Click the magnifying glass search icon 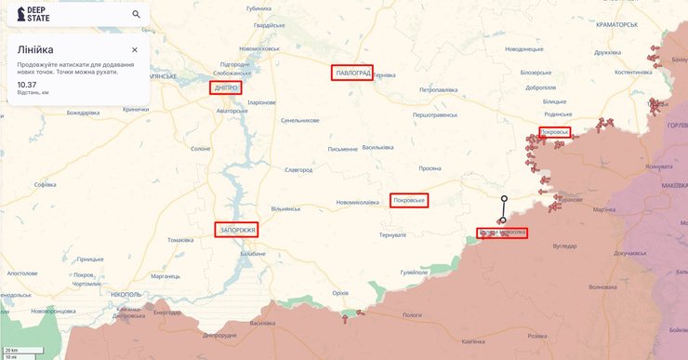tap(137, 14)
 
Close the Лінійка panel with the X tap(135, 49)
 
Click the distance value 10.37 tap(27, 85)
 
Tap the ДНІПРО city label tap(225, 87)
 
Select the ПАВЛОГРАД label tap(351, 73)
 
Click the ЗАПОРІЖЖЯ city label tap(236, 228)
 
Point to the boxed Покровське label tap(409, 200)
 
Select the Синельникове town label tap(300, 120)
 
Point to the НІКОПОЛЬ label tap(126, 294)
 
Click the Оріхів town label tap(340, 293)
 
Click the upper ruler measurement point tap(504, 198)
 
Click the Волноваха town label tap(602, 287)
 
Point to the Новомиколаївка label tap(357, 203)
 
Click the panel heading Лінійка tap(34, 49)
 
